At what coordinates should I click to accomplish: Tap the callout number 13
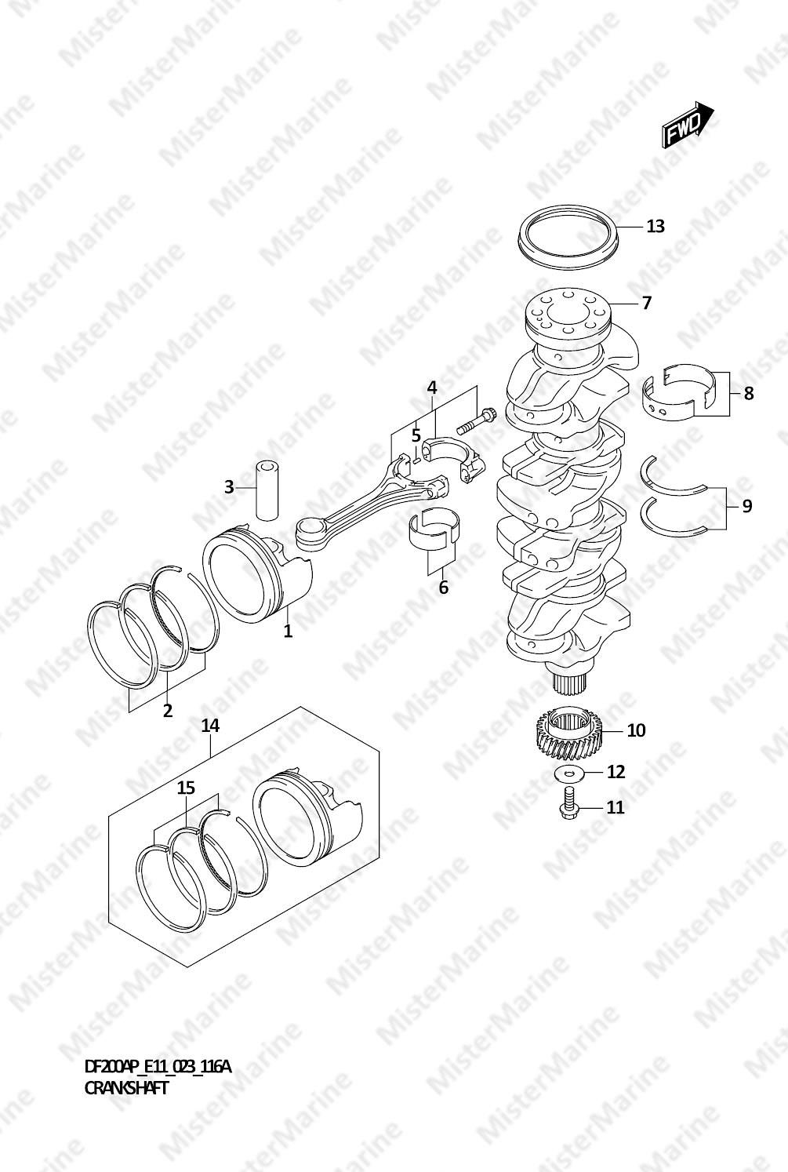(x=655, y=227)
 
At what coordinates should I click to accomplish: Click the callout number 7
(x=647, y=303)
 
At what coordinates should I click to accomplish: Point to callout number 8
(x=749, y=394)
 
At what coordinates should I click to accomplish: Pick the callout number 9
(x=747, y=506)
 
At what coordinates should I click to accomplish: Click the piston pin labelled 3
(x=267, y=490)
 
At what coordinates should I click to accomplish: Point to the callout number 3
(x=229, y=488)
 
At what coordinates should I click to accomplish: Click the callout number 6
(x=444, y=588)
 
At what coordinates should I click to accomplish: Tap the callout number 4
(x=432, y=388)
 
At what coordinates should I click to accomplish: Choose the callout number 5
(x=416, y=435)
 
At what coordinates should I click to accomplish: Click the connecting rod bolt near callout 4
(x=477, y=421)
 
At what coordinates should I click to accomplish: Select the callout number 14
(x=210, y=726)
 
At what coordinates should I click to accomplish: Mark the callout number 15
(x=186, y=788)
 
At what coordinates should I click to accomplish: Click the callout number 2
(x=167, y=711)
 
